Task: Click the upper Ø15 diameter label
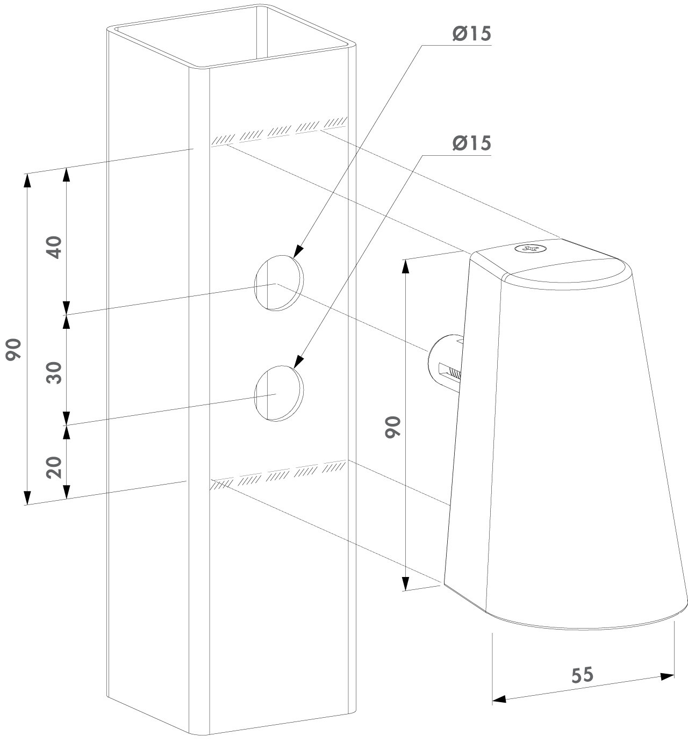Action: pos(471,34)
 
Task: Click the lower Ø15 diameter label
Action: pos(471,143)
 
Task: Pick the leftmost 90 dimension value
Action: pos(13,349)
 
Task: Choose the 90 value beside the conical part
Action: pos(393,427)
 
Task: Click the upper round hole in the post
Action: pos(279,283)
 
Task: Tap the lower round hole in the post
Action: pos(279,393)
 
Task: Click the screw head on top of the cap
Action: pos(531,248)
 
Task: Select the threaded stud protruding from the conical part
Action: pos(446,362)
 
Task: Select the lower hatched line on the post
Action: pos(278,475)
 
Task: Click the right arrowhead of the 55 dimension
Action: pos(666,676)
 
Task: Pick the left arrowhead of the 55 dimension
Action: pos(499,699)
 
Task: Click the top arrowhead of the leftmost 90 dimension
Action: pos(26,181)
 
